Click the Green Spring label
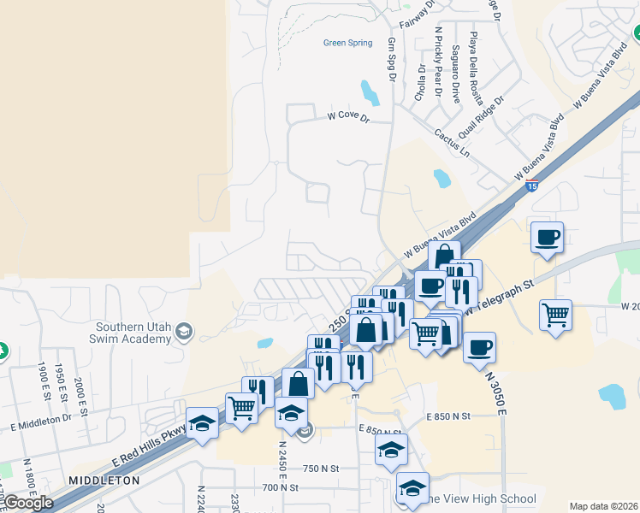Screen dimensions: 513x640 (347, 43)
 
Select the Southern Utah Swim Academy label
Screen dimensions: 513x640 (133, 333)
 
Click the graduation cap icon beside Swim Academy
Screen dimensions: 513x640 (183, 332)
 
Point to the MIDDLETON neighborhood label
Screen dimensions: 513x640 (104, 481)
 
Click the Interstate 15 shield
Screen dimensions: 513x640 (531, 186)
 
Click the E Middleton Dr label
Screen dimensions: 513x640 (41, 422)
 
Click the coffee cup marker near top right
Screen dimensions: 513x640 (547, 237)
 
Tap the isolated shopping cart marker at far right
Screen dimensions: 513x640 (556, 315)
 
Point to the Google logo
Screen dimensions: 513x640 (28, 503)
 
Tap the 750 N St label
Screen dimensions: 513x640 (321, 469)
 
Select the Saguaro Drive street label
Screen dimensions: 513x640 (455, 73)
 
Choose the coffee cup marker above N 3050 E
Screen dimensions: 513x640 (479, 346)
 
